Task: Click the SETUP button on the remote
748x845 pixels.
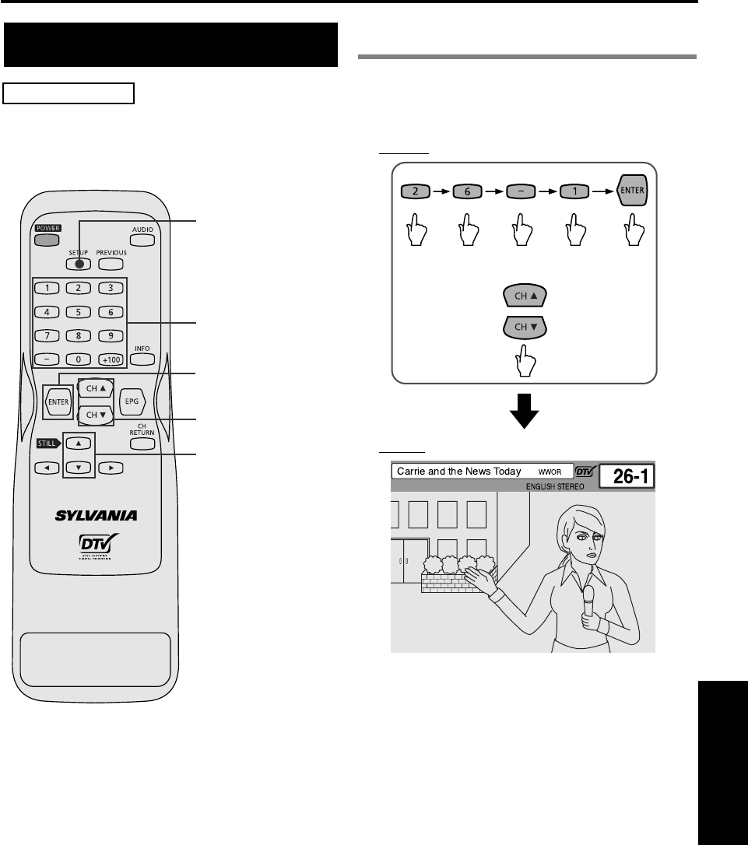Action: point(79,263)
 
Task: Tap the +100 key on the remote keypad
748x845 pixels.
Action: point(111,359)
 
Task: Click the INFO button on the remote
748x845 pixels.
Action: point(142,359)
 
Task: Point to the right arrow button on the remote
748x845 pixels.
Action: point(111,468)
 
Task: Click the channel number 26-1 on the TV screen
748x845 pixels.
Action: point(627,477)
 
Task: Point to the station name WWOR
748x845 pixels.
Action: point(550,472)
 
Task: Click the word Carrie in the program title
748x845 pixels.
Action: point(412,471)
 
